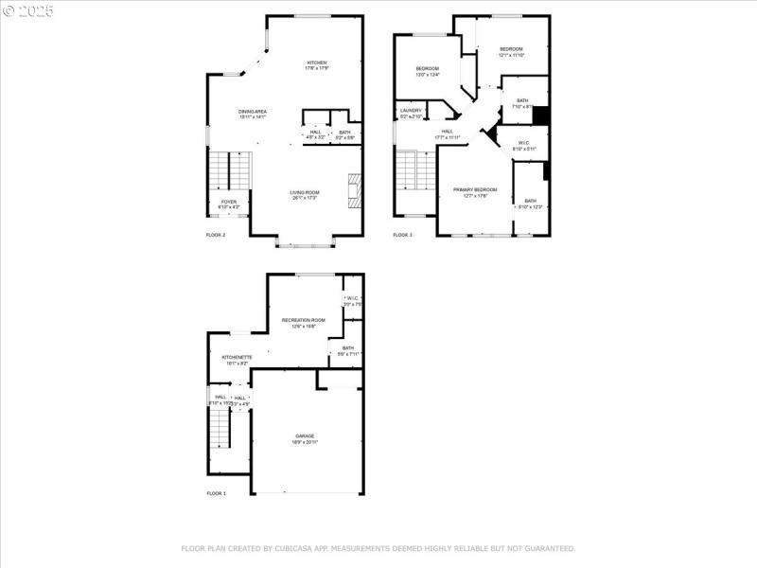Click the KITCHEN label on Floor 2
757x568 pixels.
tap(316, 62)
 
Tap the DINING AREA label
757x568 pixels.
tap(252, 112)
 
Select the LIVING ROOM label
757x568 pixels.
tap(305, 193)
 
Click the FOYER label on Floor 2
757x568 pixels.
tap(229, 202)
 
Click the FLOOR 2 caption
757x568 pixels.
tap(216, 234)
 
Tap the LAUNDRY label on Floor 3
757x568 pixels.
tap(411, 111)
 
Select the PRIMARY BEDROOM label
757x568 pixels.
tap(470, 190)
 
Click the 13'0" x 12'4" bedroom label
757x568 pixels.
tap(427, 68)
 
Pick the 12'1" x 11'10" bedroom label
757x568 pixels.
tap(511, 49)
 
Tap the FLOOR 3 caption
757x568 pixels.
tap(403, 234)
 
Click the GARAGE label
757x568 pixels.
tap(305, 436)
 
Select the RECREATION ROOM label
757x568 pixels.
tap(304, 321)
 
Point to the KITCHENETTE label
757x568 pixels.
tap(236, 357)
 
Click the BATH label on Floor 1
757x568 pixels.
tap(348, 348)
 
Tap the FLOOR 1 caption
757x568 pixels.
tap(217, 493)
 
